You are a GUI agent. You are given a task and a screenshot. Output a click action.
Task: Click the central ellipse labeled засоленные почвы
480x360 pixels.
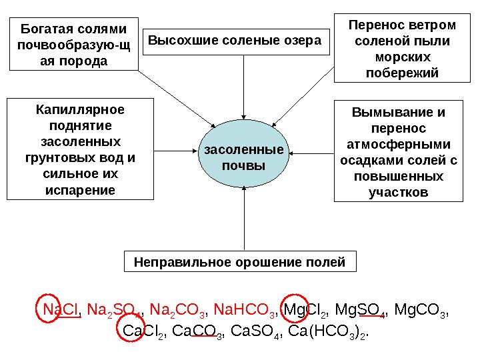pos(243,156)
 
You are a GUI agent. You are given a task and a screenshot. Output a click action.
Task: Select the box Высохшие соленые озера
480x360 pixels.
pos(238,41)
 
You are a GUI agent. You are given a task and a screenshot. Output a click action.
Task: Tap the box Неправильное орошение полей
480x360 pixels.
pos(240,262)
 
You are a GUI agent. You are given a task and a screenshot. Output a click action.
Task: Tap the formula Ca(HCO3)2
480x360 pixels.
pos(329,331)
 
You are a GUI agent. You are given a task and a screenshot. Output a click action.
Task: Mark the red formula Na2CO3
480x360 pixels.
pos(178,311)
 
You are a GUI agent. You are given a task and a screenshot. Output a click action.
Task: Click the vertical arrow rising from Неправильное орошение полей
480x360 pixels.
pos(245,220)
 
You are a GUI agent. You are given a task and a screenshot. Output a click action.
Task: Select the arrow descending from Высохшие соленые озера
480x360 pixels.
pos(245,87)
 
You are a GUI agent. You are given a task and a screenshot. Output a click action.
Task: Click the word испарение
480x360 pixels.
pos(80,190)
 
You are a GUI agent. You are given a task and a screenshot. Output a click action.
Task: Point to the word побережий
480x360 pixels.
pos(403,73)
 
